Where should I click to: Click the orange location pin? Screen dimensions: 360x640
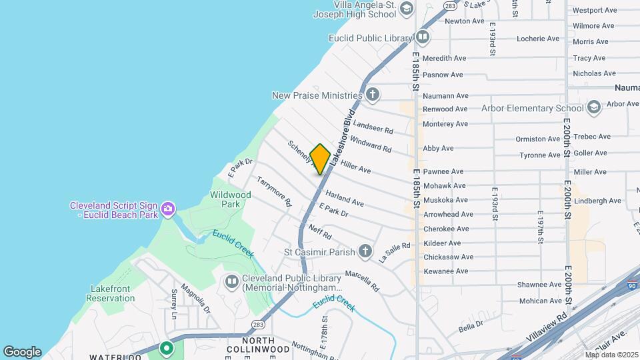pyautogui.click(x=320, y=159)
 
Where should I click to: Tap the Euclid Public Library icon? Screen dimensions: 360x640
pyautogui.click(x=422, y=37)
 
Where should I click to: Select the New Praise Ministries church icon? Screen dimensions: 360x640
pyautogui.click(x=371, y=95)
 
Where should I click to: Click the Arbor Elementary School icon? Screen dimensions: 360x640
pyautogui.click(x=593, y=107)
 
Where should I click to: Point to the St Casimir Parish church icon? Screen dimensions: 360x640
pyautogui.click(x=365, y=251)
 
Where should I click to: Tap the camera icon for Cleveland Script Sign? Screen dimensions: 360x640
pyautogui.click(x=167, y=209)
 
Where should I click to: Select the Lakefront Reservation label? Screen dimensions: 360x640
pyautogui.click(x=111, y=293)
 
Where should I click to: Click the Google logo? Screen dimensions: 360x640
pyautogui.click(x=22, y=351)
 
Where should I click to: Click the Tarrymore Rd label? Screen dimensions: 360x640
pyautogui.click(x=275, y=191)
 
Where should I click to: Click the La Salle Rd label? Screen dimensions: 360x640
pyautogui.click(x=394, y=253)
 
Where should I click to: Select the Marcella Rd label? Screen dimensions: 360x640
pyautogui.click(x=362, y=281)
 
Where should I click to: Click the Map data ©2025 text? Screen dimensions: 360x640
pyautogui.click(x=612, y=354)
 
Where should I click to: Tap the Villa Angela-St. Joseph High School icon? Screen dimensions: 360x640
pyautogui.click(x=406, y=8)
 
